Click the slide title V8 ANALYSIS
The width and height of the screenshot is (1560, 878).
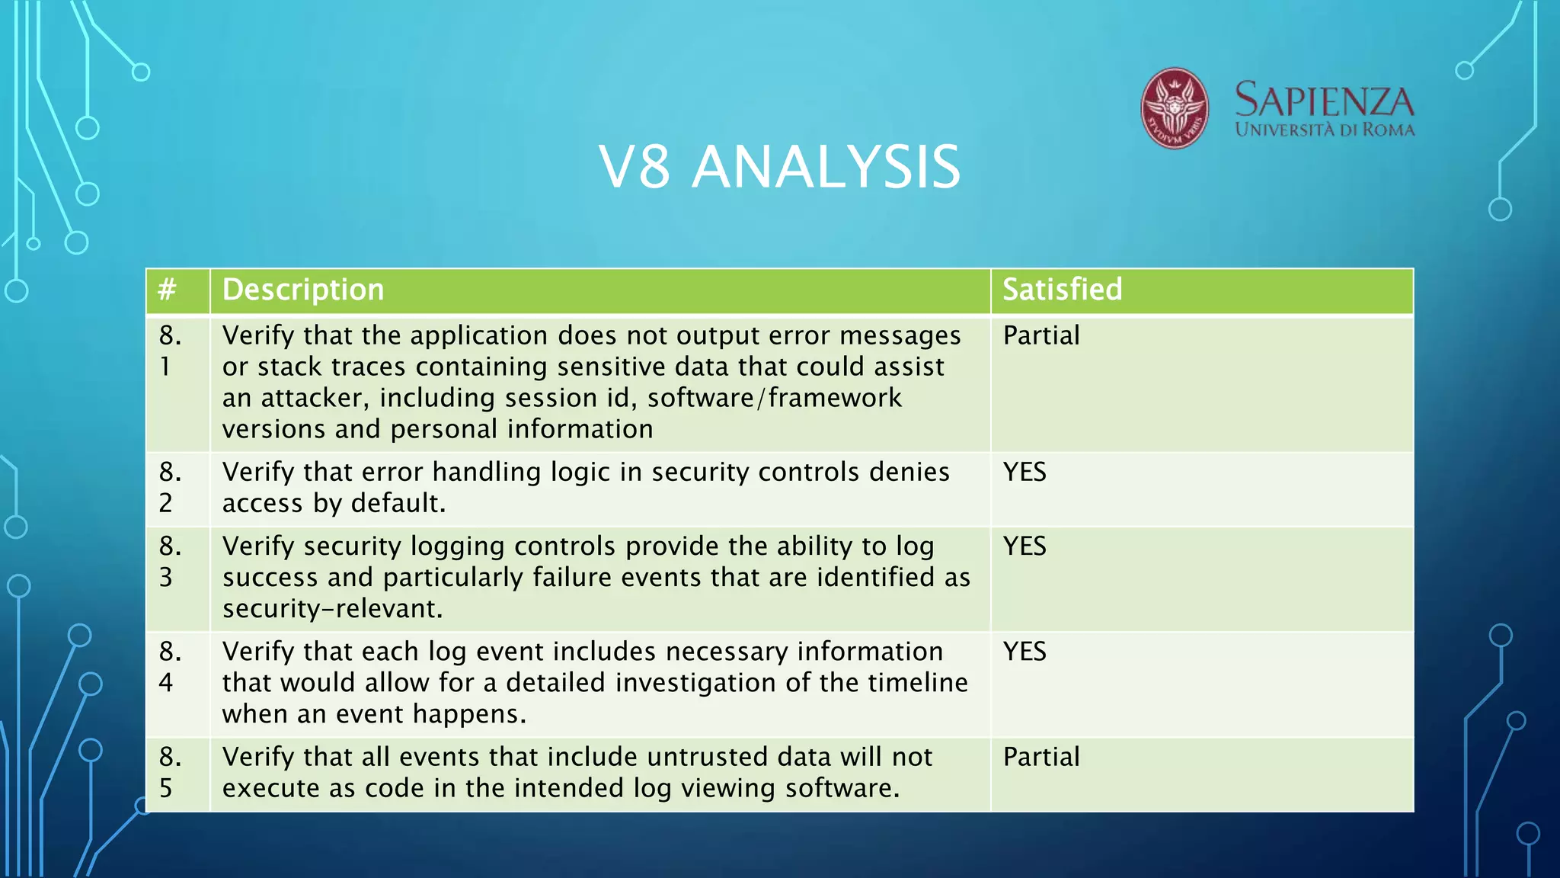coord(779,167)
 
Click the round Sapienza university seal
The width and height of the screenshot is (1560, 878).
coord(1174,108)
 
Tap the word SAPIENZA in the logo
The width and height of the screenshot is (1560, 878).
coord(1324,101)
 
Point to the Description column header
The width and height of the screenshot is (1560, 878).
coord(303,290)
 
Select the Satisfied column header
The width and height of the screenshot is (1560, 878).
coord(1062,290)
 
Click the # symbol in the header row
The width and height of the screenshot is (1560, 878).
coord(167,290)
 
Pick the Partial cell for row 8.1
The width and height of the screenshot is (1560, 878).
coord(1041,335)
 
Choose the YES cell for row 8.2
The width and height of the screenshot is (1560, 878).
coord(1025,472)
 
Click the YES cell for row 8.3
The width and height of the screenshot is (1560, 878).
coord(1025,546)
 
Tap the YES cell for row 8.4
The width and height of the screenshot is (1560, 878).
coord(1025,651)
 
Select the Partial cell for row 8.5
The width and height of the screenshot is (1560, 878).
coord(1041,757)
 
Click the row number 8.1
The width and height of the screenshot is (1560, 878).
coord(170,351)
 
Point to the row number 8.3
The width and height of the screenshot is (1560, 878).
coord(170,561)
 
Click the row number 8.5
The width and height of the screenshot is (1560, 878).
coord(170,771)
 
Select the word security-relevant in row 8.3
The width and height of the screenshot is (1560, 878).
coord(331,608)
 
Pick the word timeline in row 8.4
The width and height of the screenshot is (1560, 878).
coord(917,682)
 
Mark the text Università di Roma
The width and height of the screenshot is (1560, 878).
coord(1324,130)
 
